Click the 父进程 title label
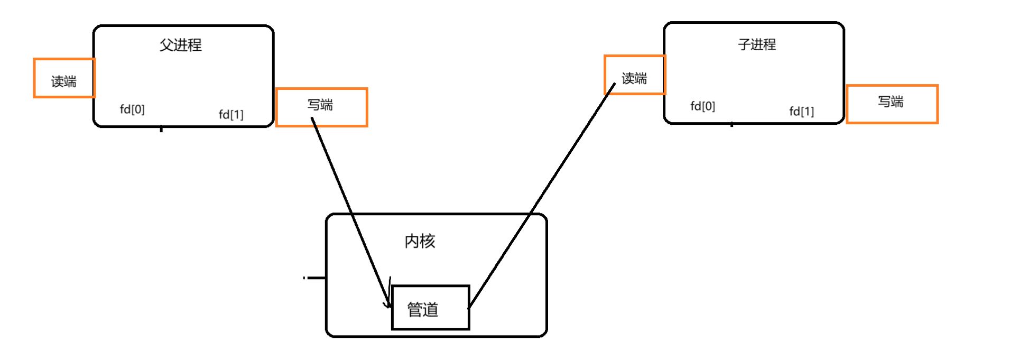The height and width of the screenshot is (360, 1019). pos(180,45)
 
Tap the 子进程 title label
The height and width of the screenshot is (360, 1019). pos(756,44)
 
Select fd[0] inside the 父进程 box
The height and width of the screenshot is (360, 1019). pos(132,109)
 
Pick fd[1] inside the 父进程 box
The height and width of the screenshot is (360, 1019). pos(231,114)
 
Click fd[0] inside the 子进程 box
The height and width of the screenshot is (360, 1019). pos(702,106)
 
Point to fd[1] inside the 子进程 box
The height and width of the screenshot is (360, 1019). pos(801,111)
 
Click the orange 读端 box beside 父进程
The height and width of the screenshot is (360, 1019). pos(64,78)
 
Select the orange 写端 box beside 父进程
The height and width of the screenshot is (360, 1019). pos(321,107)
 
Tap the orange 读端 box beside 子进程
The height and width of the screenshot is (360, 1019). pos(634,75)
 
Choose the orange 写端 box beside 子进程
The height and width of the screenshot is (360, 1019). pos(892,104)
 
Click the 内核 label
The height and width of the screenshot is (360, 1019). pos(420,241)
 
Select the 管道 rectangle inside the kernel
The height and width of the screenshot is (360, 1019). pos(430,308)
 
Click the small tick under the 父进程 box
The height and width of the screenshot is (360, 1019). pos(161,128)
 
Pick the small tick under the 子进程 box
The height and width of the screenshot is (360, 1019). pos(731,125)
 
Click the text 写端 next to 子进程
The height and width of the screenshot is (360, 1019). pos(891,101)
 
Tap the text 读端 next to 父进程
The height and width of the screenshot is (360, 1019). pos(63,81)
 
